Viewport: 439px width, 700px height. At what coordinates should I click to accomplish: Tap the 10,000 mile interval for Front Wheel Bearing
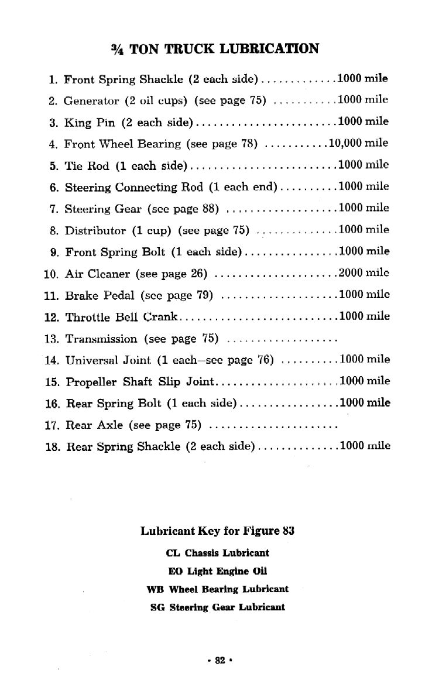pos(358,143)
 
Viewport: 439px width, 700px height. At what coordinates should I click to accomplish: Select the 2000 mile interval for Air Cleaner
pos(363,272)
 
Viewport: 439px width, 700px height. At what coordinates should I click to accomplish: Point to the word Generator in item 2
pos(89,101)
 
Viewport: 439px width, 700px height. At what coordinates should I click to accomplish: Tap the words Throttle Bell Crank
pos(121,317)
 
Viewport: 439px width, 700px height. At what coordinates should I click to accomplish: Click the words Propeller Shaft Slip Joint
pos(140,382)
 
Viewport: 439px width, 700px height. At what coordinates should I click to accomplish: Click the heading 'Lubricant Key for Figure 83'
pos(217,531)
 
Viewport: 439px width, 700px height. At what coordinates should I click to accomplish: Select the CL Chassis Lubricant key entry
pos(217,552)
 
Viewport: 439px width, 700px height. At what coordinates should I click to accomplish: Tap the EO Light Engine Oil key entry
pos(217,571)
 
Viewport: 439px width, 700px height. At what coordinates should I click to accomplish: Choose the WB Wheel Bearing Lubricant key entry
pos(217,589)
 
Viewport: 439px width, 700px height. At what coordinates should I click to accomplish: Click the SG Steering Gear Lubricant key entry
pos(217,607)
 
